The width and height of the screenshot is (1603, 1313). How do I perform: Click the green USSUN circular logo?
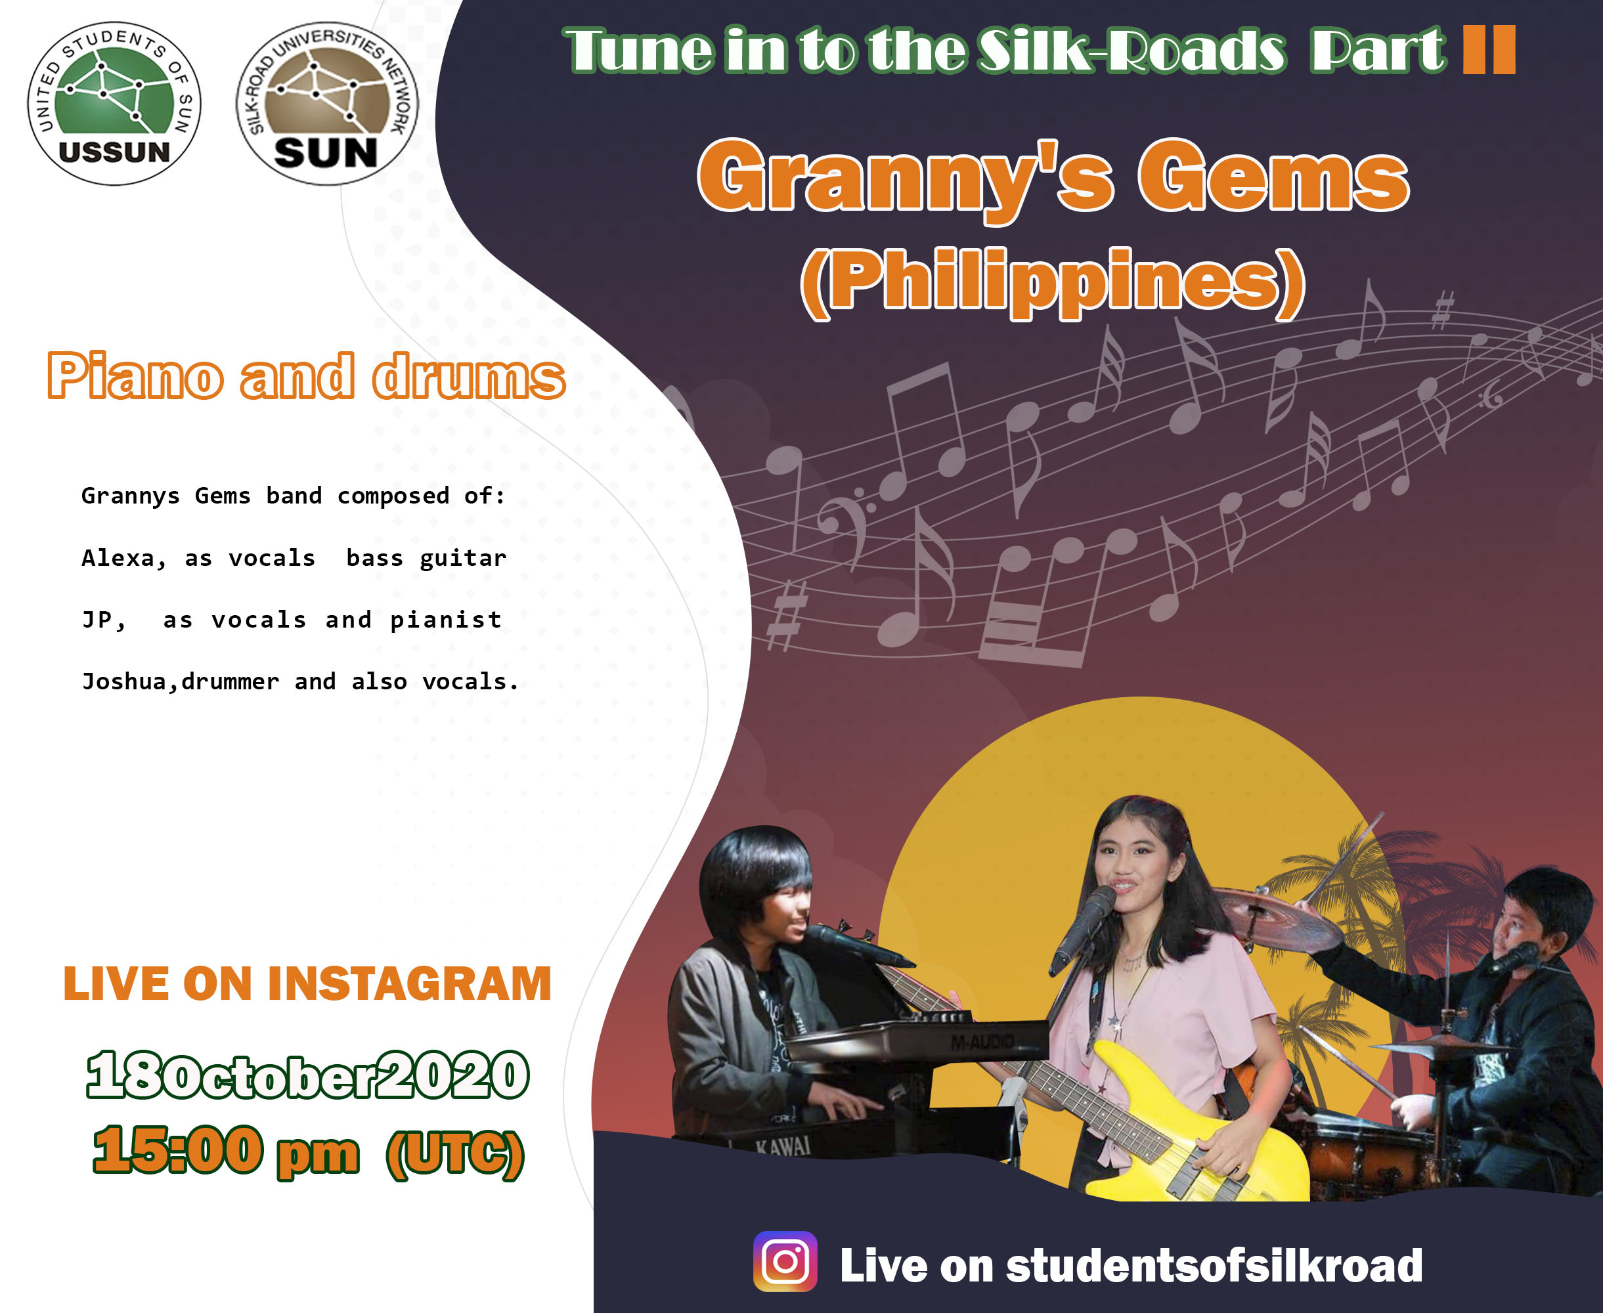[114, 104]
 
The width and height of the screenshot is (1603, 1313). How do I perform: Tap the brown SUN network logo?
[327, 104]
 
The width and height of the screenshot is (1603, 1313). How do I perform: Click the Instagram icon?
[785, 1261]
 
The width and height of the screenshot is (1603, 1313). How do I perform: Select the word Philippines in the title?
[1053, 282]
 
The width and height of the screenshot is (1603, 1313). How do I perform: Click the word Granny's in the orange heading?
[906, 179]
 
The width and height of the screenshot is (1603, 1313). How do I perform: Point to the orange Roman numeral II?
[1489, 49]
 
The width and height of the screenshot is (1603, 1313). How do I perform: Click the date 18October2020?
[308, 1075]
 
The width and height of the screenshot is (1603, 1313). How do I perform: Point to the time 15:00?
[178, 1150]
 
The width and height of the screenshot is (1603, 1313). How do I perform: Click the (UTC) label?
[454, 1154]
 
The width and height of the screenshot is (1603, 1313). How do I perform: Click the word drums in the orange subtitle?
[469, 377]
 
